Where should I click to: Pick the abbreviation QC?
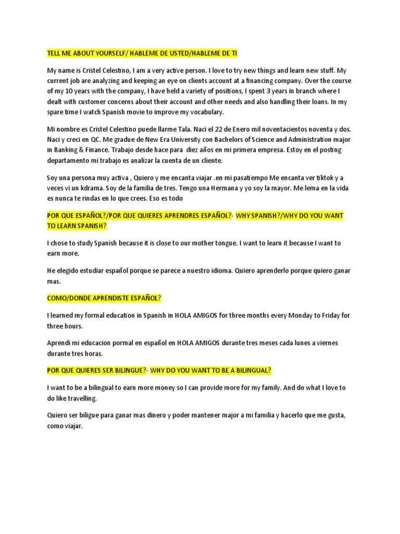pyautogui.click(x=98, y=140)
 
